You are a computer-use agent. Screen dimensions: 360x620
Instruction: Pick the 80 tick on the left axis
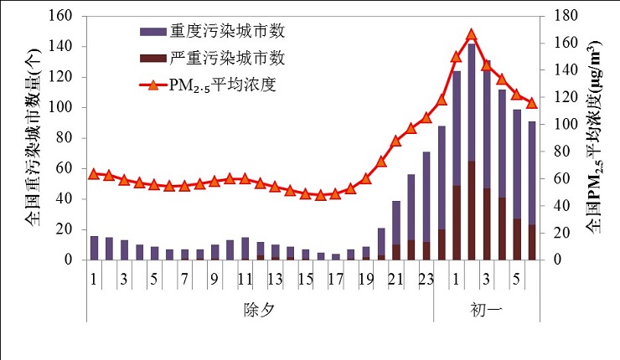pos(67,138)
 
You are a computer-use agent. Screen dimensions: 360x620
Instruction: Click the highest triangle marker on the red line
pos(471,34)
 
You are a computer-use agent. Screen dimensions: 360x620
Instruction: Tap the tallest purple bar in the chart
pos(471,151)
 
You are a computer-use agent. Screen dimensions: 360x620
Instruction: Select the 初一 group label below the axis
pos(486,310)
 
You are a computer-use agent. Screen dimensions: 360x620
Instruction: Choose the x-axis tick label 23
pos(426,278)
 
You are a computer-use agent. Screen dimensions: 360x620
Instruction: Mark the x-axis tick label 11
pos(244,278)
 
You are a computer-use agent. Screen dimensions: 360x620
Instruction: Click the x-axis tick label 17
pos(335,278)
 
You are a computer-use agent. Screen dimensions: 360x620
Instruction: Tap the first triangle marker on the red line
pos(94,173)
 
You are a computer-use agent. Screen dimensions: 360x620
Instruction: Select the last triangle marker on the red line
pos(531,102)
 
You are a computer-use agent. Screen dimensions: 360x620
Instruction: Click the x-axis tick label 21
pos(395,278)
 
